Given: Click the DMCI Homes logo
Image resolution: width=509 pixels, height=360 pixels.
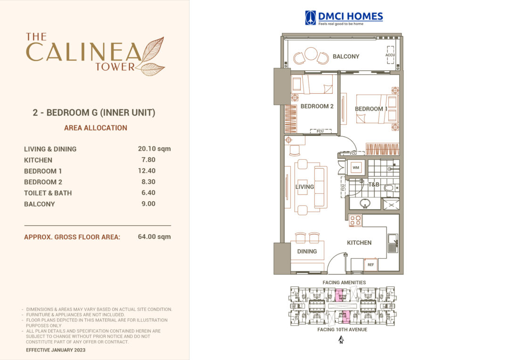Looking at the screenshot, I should pos(344,18).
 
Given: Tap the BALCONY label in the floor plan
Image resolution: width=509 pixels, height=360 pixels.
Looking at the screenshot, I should pos(346,57).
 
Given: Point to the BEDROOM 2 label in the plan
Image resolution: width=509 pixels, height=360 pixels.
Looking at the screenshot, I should pos(317,106).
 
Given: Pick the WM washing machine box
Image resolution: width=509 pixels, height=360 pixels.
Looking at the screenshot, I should pos(356,167).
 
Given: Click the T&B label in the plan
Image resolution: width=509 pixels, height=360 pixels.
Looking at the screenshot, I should pos(374,184).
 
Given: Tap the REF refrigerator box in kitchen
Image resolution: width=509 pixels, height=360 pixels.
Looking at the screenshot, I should pos(370,265).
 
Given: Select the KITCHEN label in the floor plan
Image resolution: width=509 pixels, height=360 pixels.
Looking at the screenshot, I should pos(359,243).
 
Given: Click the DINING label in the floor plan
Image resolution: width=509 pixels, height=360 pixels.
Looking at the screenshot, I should pos(307,251).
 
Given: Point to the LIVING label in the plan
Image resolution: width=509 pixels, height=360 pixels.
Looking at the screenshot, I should pos(304,187).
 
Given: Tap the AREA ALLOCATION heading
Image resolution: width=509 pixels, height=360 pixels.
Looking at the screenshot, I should pos(96,128).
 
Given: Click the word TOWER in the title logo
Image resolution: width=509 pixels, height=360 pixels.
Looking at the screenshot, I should pos(115,66).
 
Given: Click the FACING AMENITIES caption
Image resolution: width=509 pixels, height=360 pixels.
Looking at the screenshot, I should pos(344,283).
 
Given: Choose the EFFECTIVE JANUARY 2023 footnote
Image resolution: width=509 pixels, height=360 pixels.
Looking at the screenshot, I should pos(56,351).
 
